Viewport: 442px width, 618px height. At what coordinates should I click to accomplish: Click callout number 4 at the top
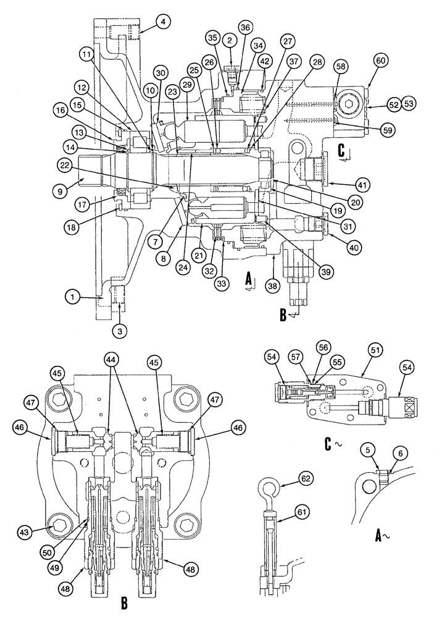click(x=162, y=23)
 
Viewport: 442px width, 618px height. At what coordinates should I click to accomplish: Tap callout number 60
click(x=380, y=61)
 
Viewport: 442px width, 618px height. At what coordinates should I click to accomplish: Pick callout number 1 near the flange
click(x=73, y=297)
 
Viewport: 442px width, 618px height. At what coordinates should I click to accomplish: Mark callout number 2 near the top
click(x=229, y=41)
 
